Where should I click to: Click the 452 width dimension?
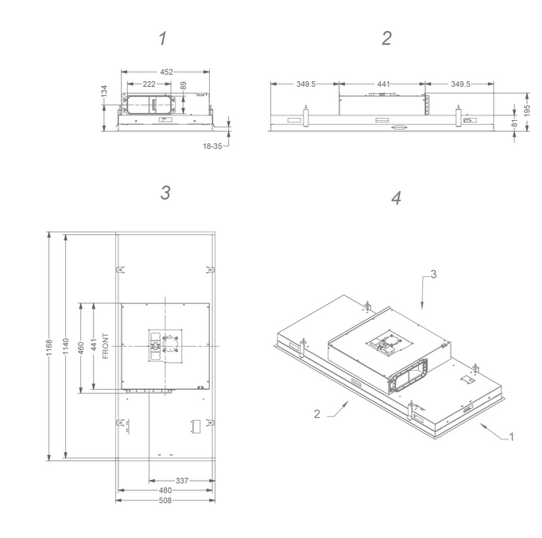[x=166, y=72]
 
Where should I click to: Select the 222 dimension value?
[x=149, y=84]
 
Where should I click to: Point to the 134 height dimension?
[x=104, y=91]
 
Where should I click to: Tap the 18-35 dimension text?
[x=212, y=146]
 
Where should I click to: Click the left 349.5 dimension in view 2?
[x=306, y=84]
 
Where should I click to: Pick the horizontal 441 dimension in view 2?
[x=384, y=84]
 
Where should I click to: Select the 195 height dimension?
[x=527, y=111]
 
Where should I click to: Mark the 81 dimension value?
[x=515, y=123]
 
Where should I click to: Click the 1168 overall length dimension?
[x=49, y=347]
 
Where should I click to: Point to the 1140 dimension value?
[x=66, y=346]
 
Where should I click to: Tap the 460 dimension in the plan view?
[x=81, y=348]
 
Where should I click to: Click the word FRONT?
[x=106, y=346]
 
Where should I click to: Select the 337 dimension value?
[x=182, y=481]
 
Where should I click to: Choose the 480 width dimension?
[x=165, y=490]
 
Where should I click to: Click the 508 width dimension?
[x=165, y=501]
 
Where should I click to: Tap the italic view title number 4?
[x=396, y=198]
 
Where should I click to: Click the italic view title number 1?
[x=163, y=38]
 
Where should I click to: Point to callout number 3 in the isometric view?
[x=433, y=275]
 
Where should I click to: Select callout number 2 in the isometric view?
[x=317, y=414]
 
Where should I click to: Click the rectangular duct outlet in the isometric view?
[x=408, y=376]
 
